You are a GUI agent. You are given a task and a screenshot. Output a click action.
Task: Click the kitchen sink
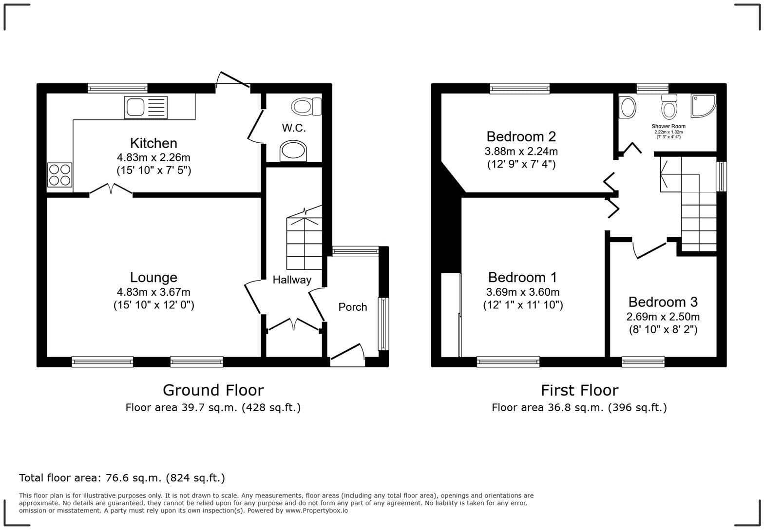(146, 108)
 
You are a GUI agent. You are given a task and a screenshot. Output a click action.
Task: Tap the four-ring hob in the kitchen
(59, 175)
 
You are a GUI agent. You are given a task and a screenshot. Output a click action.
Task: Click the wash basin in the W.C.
(294, 151)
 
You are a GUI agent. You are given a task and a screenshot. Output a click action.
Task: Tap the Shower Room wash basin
(627, 107)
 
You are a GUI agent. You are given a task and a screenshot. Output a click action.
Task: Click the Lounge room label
(153, 277)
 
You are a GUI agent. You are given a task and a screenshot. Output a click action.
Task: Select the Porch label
(352, 307)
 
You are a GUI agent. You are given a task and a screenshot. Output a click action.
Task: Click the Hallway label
(291, 280)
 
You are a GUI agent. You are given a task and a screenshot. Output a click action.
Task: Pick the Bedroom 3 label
(663, 302)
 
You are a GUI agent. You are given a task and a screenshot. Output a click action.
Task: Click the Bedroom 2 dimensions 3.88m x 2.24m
(521, 151)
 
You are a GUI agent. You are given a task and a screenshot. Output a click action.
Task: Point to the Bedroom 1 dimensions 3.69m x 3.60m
(522, 292)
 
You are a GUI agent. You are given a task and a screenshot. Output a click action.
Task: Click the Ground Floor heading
(213, 390)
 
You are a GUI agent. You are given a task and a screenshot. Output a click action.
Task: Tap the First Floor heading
(579, 390)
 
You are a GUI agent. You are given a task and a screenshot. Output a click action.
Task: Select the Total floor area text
(122, 478)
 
